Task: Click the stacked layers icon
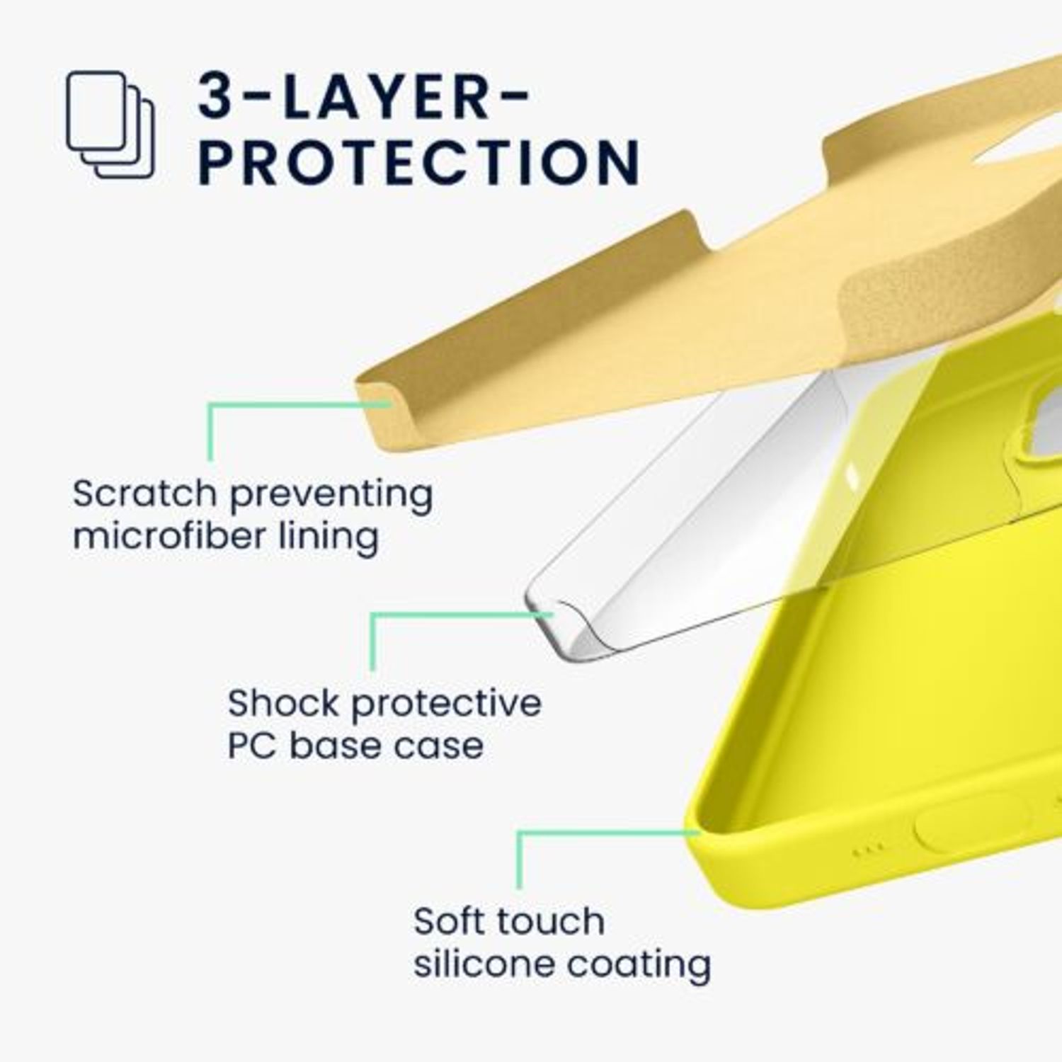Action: pyautogui.click(x=110, y=124)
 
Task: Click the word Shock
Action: pyautogui.click(x=283, y=703)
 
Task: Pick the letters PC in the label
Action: pyautogui.click(x=253, y=746)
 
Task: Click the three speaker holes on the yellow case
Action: pyautogui.click(x=869, y=848)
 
